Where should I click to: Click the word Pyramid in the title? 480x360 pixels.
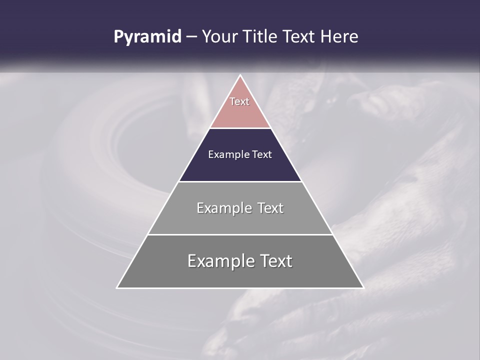coord(147,37)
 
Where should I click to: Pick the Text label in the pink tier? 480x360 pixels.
coord(239,101)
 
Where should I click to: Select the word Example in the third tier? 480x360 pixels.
coord(224,208)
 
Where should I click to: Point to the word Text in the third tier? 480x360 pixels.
coord(271,208)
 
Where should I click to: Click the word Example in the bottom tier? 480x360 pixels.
coord(219,261)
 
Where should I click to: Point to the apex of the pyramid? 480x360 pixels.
coord(240,75)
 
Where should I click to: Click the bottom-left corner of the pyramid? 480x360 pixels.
coord(117,287)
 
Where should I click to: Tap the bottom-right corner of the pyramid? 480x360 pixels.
coord(363,287)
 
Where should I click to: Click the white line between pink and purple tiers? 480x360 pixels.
coord(240,128)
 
